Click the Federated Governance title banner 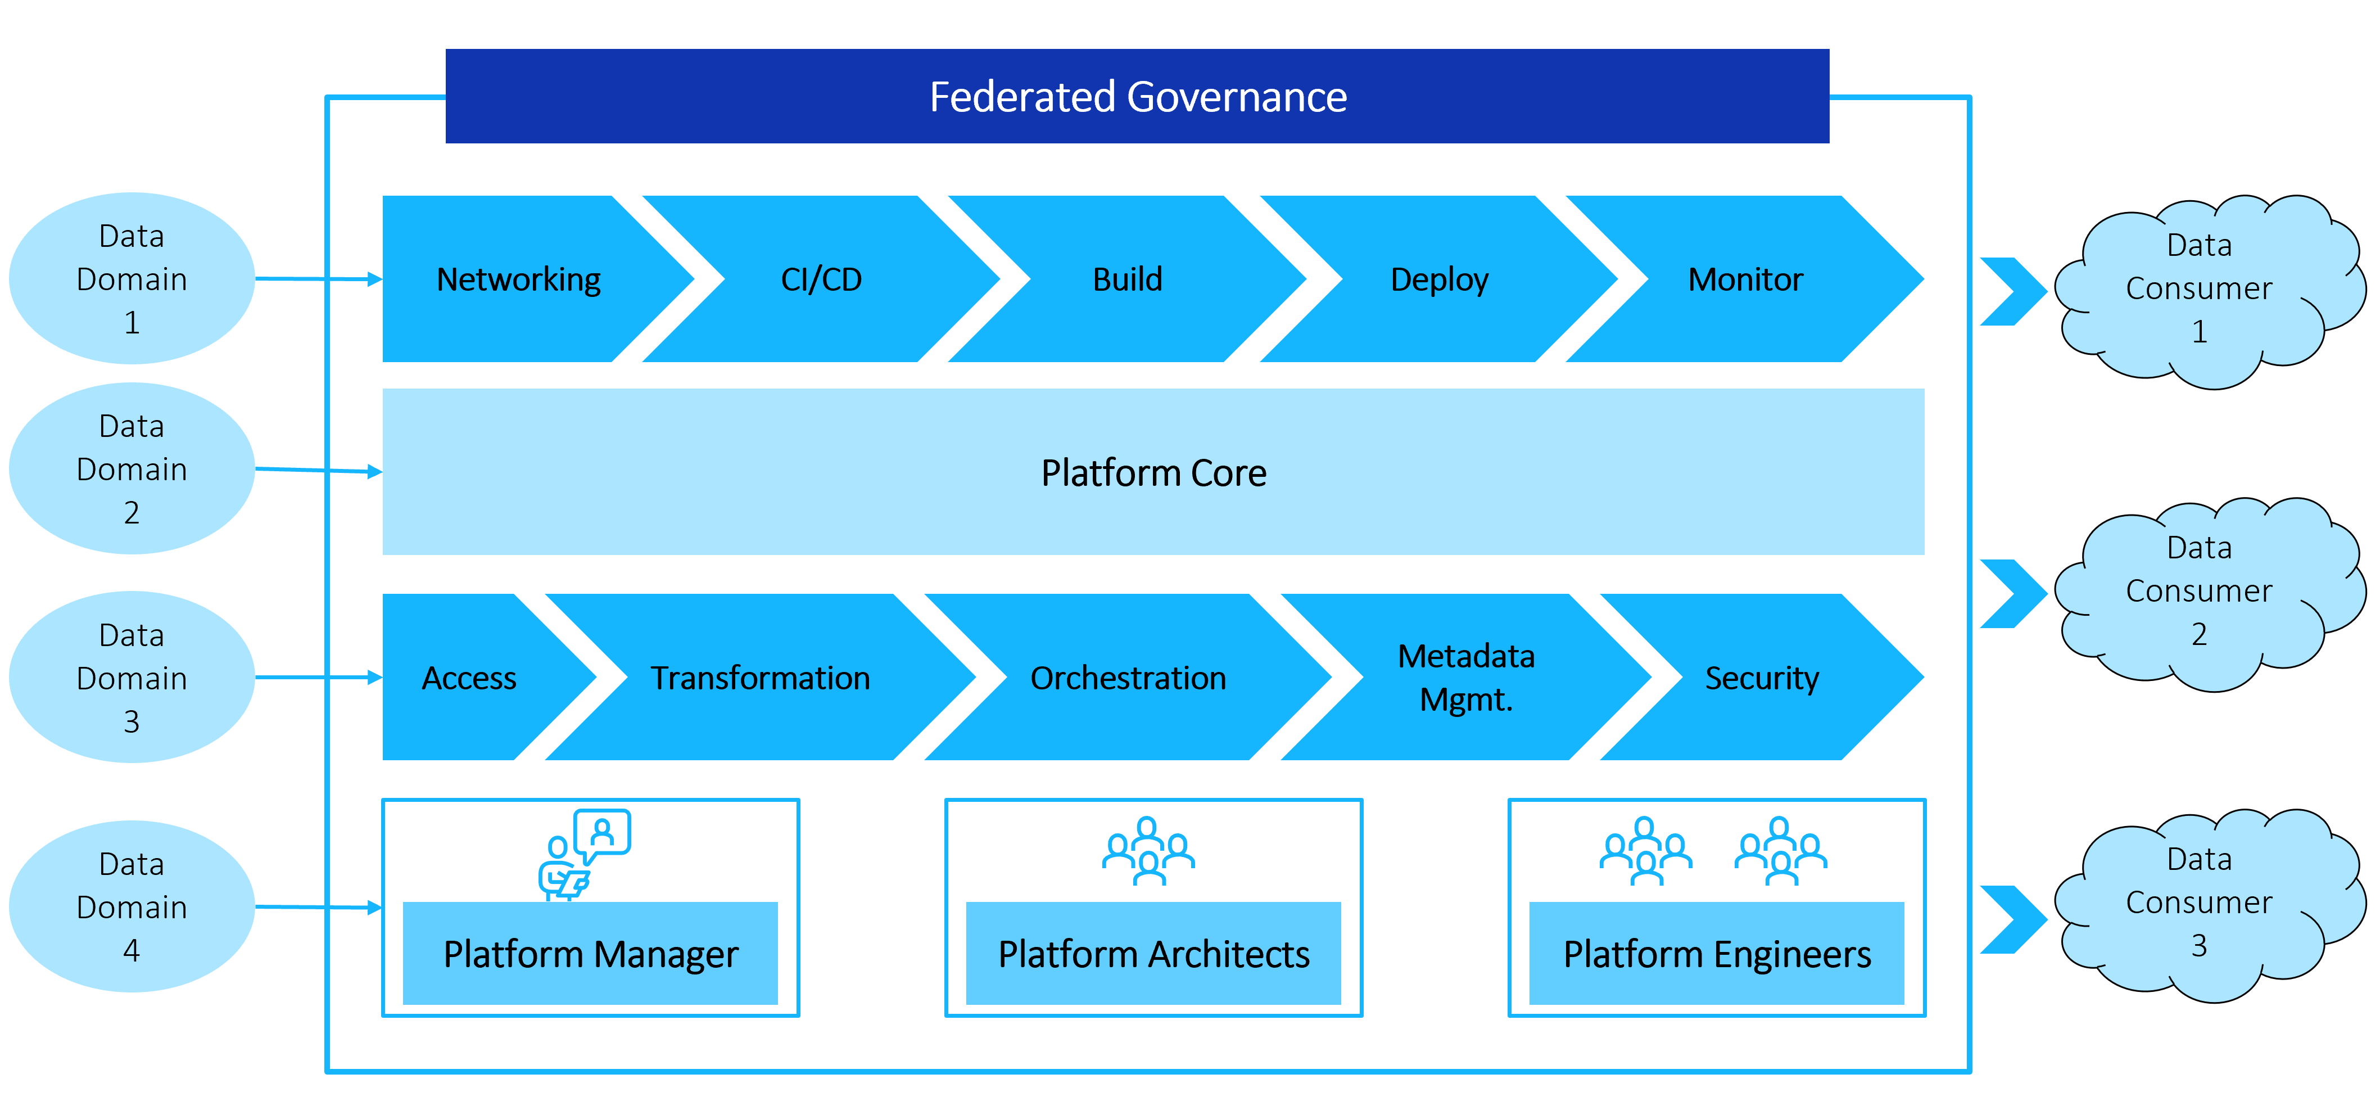coord(1137,96)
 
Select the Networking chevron coord(527,278)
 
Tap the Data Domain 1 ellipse coord(132,278)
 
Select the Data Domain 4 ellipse coord(132,906)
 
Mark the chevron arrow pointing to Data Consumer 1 coord(2014,291)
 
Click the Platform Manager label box coord(590,953)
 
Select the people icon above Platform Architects coord(1148,850)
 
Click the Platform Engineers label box coord(1717,953)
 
